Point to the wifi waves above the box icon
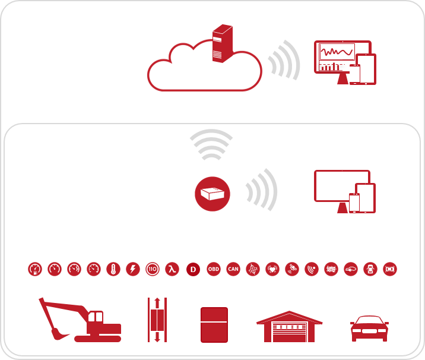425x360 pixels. (x=211, y=144)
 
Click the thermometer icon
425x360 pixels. (x=113, y=269)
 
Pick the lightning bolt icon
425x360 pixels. (x=133, y=269)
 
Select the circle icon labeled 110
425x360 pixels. (x=153, y=269)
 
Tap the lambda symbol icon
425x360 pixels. (x=172, y=269)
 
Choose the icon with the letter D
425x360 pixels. (x=193, y=270)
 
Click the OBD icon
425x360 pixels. (x=214, y=269)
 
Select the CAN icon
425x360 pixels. (x=233, y=269)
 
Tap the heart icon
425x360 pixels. (x=272, y=269)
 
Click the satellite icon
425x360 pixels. (x=292, y=269)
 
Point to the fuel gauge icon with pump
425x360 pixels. (x=35, y=269)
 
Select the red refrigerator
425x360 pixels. (x=214, y=324)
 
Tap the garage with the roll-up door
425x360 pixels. (x=289, y=327)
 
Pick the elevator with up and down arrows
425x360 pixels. (x=157, y=320)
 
